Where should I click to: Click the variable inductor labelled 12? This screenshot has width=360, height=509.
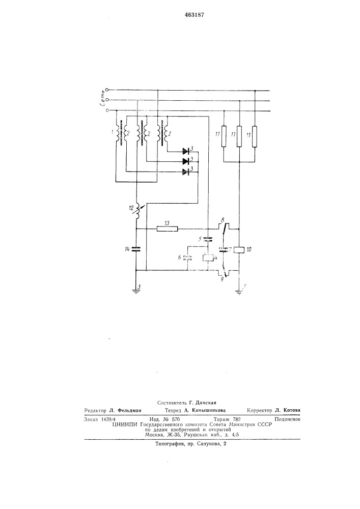pyautogui.click(x=137, y=211)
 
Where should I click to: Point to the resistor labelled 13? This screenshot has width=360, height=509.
pyautogui.click(x=167, y=229)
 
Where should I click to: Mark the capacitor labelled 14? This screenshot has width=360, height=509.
pyautogui.click(x=136, y=249)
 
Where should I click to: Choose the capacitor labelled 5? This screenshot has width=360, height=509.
pyautogui.click(x=207, y=240)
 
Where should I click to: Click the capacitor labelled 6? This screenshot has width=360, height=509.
pyautogui.click(x=187, y=258)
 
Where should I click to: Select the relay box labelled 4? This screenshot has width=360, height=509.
pyautogui.click(x=207, y=259)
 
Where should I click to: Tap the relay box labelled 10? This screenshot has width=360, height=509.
pyautogui.click(x=239, y=249)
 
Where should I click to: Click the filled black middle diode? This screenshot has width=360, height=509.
pyautogui.click(x=186, y=161)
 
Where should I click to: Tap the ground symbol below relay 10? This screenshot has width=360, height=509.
pyautogui.click(x=239, y=291)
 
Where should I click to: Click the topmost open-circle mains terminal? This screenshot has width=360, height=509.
pyautogui.click(x=107, y=90)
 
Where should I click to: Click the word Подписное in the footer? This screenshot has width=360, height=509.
pyautogui.click(x=287, y=419)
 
